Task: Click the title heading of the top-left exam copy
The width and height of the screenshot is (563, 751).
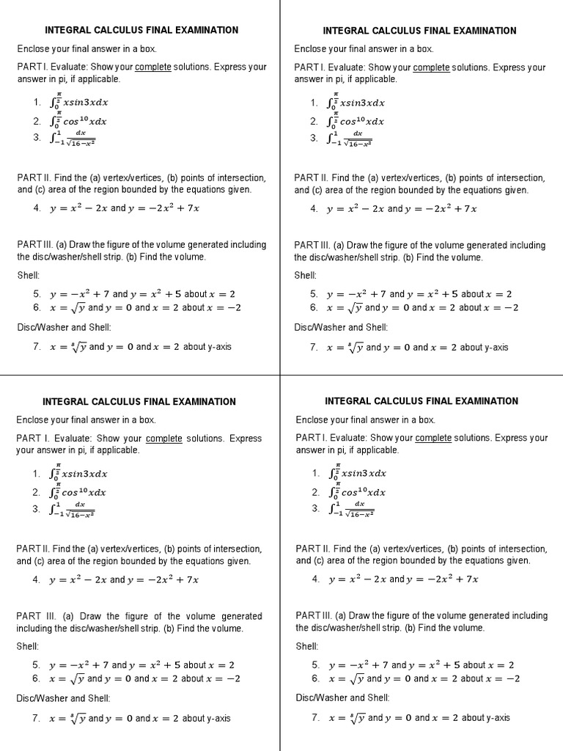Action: [141, 30]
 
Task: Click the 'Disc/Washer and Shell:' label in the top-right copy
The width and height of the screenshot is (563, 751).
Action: [341, 328]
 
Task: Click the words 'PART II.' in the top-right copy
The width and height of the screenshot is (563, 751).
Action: [312, 178]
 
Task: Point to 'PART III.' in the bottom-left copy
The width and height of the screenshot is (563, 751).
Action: [36, 617]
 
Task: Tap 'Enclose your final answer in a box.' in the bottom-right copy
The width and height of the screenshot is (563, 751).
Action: [365, 420]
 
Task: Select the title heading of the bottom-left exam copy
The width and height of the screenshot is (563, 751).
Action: [139, 402]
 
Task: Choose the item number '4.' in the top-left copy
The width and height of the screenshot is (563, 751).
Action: [37, 208]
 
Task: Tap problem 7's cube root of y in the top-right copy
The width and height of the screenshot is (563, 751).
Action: [355, 347]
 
